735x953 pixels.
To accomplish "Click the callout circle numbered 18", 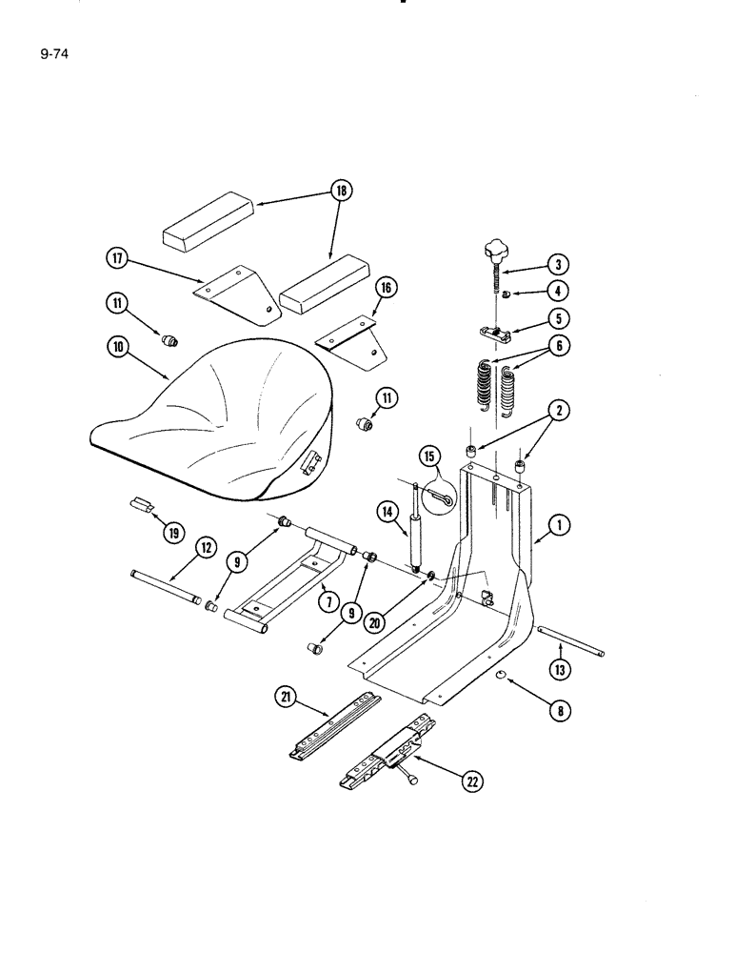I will [340, 192].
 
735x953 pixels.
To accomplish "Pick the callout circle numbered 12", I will [204, 547].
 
